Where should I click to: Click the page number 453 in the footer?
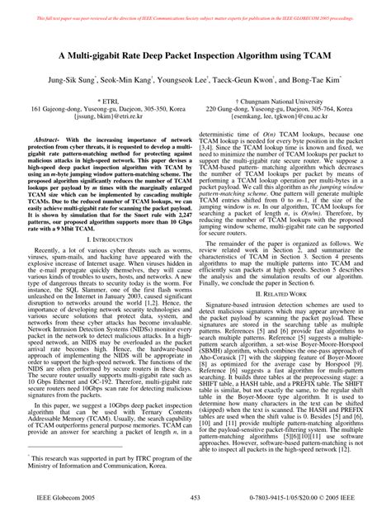pyautogui.click(x=195, y=498)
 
